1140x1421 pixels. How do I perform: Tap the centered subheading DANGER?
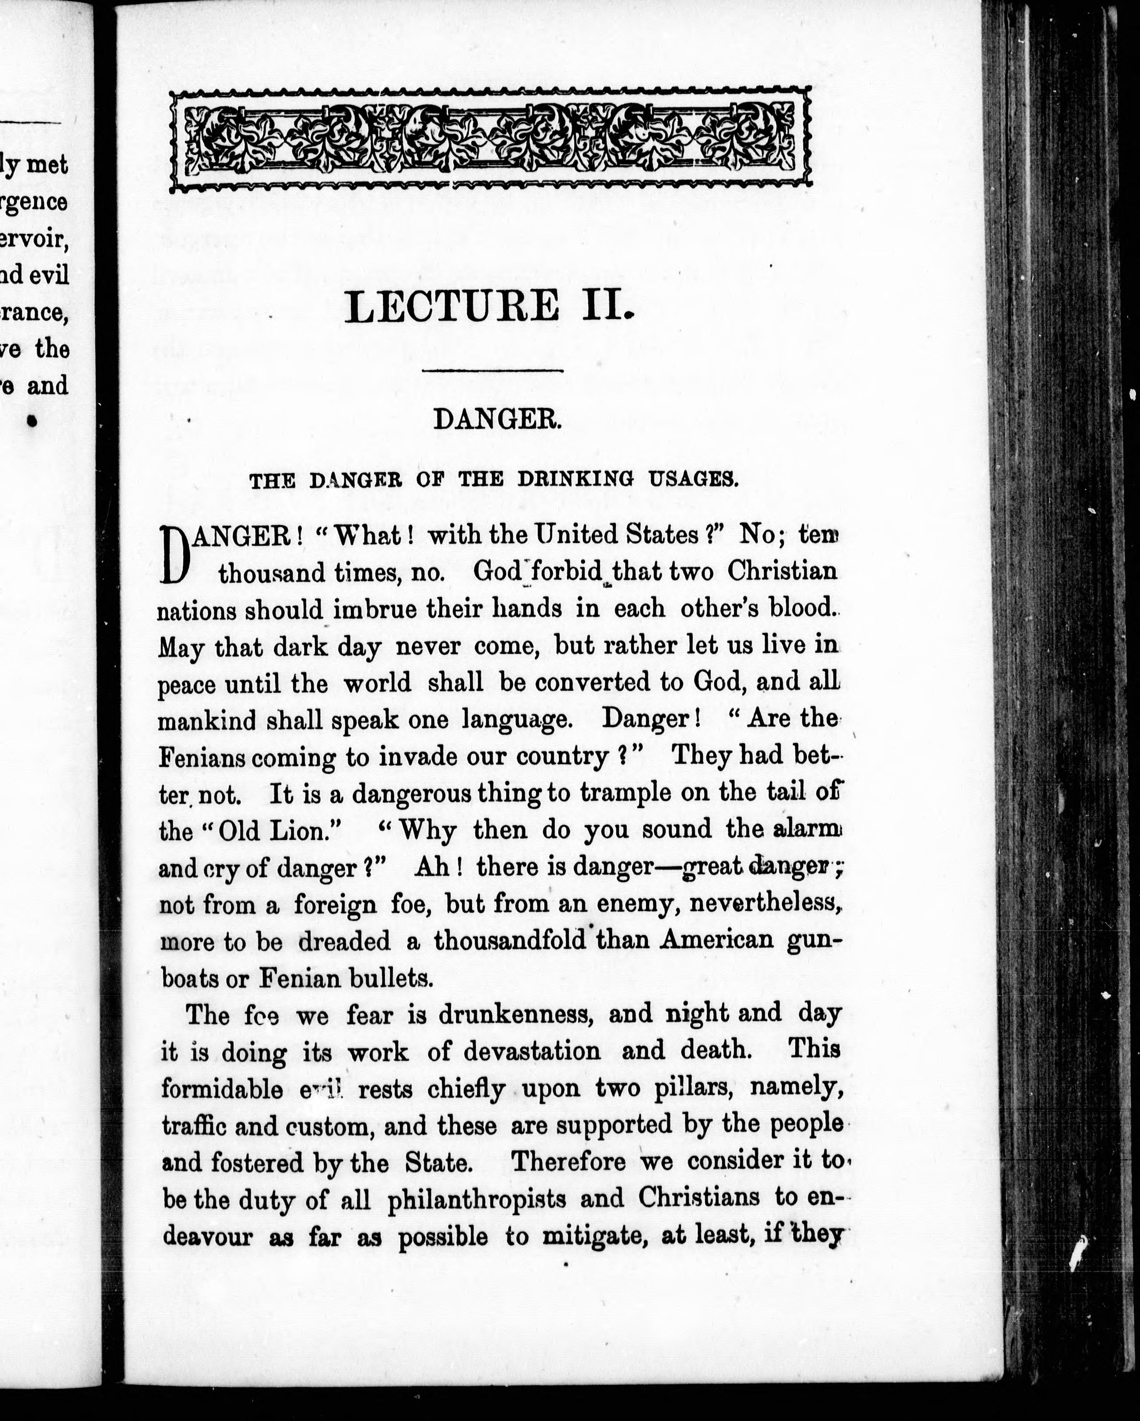(497, 419)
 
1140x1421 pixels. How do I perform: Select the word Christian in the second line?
(782, 571)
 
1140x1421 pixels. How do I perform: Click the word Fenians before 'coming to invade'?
(201, 757)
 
